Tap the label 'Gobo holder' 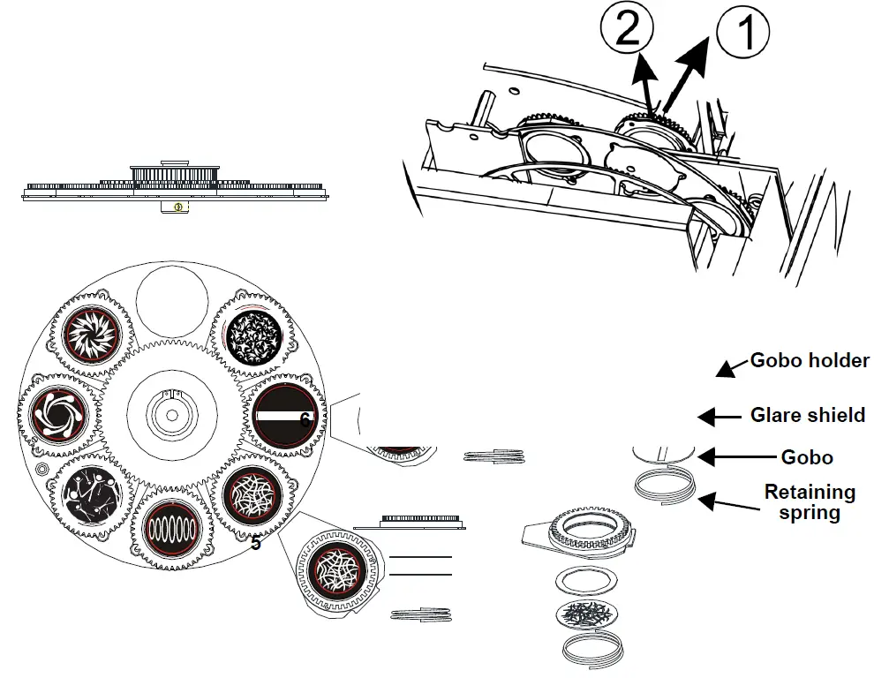[x=810, y=360]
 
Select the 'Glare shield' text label [x=807, y=414]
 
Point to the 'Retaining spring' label [x=810, y=501]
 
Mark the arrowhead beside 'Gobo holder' [x=725, y=370]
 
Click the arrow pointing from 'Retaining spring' [x=720, y=502]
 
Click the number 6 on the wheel [x=305, y=420]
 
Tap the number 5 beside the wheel [x=255, y=544]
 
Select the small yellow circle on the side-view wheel [x=178, y=207]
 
